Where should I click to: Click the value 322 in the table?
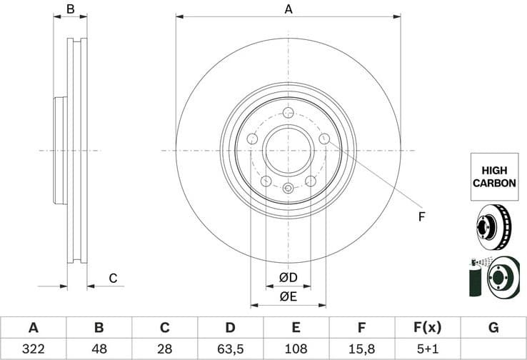[x=33, y=349]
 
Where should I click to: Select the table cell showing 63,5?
[x=230, y=349]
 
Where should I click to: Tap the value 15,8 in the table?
[x=362, y=349]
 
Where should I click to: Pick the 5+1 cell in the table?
[x=428, y=349]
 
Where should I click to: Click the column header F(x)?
[x=428, y=328]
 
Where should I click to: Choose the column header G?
[x=493, y=328]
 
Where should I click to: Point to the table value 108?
[x=296, y=349]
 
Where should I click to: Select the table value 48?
[x=99, y=349]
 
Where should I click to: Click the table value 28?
[x=164, y=349]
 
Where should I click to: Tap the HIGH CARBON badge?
[x=493, y=177]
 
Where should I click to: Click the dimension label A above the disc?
[x=288, y=9]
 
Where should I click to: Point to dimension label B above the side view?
[x=71, y=9]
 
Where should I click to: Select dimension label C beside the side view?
[x=112, y=278]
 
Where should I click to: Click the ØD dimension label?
[x=288, y=277]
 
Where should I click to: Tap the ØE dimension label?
[x=288, y=296]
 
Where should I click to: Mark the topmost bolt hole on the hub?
[x=288, y=113]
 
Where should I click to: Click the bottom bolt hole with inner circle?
[x=288, y=189]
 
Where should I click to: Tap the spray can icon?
[x=475, y=276]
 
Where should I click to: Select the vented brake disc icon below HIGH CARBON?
[x=493, y=225]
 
